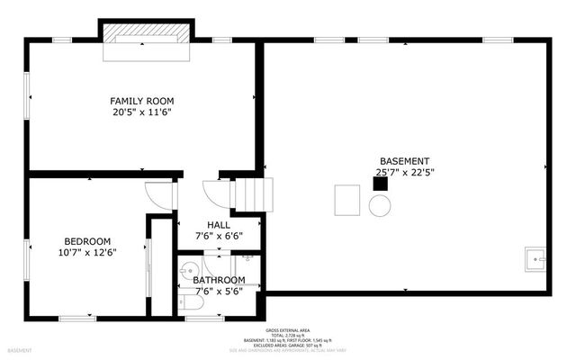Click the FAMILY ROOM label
click(142, 101)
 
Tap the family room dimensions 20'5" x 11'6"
click(142, 113)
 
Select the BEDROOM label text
click(87, 241)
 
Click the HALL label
click(219, 225)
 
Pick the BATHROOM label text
click(219, 280)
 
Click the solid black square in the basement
click(381, 183)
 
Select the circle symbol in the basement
click(380, 205)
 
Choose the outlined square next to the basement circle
click(347, 200)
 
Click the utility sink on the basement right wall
click(535, 260)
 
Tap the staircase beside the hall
click(252, 193)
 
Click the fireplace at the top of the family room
click(146, 36)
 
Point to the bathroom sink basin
click(190, 267)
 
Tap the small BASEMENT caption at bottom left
click(20, 350)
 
